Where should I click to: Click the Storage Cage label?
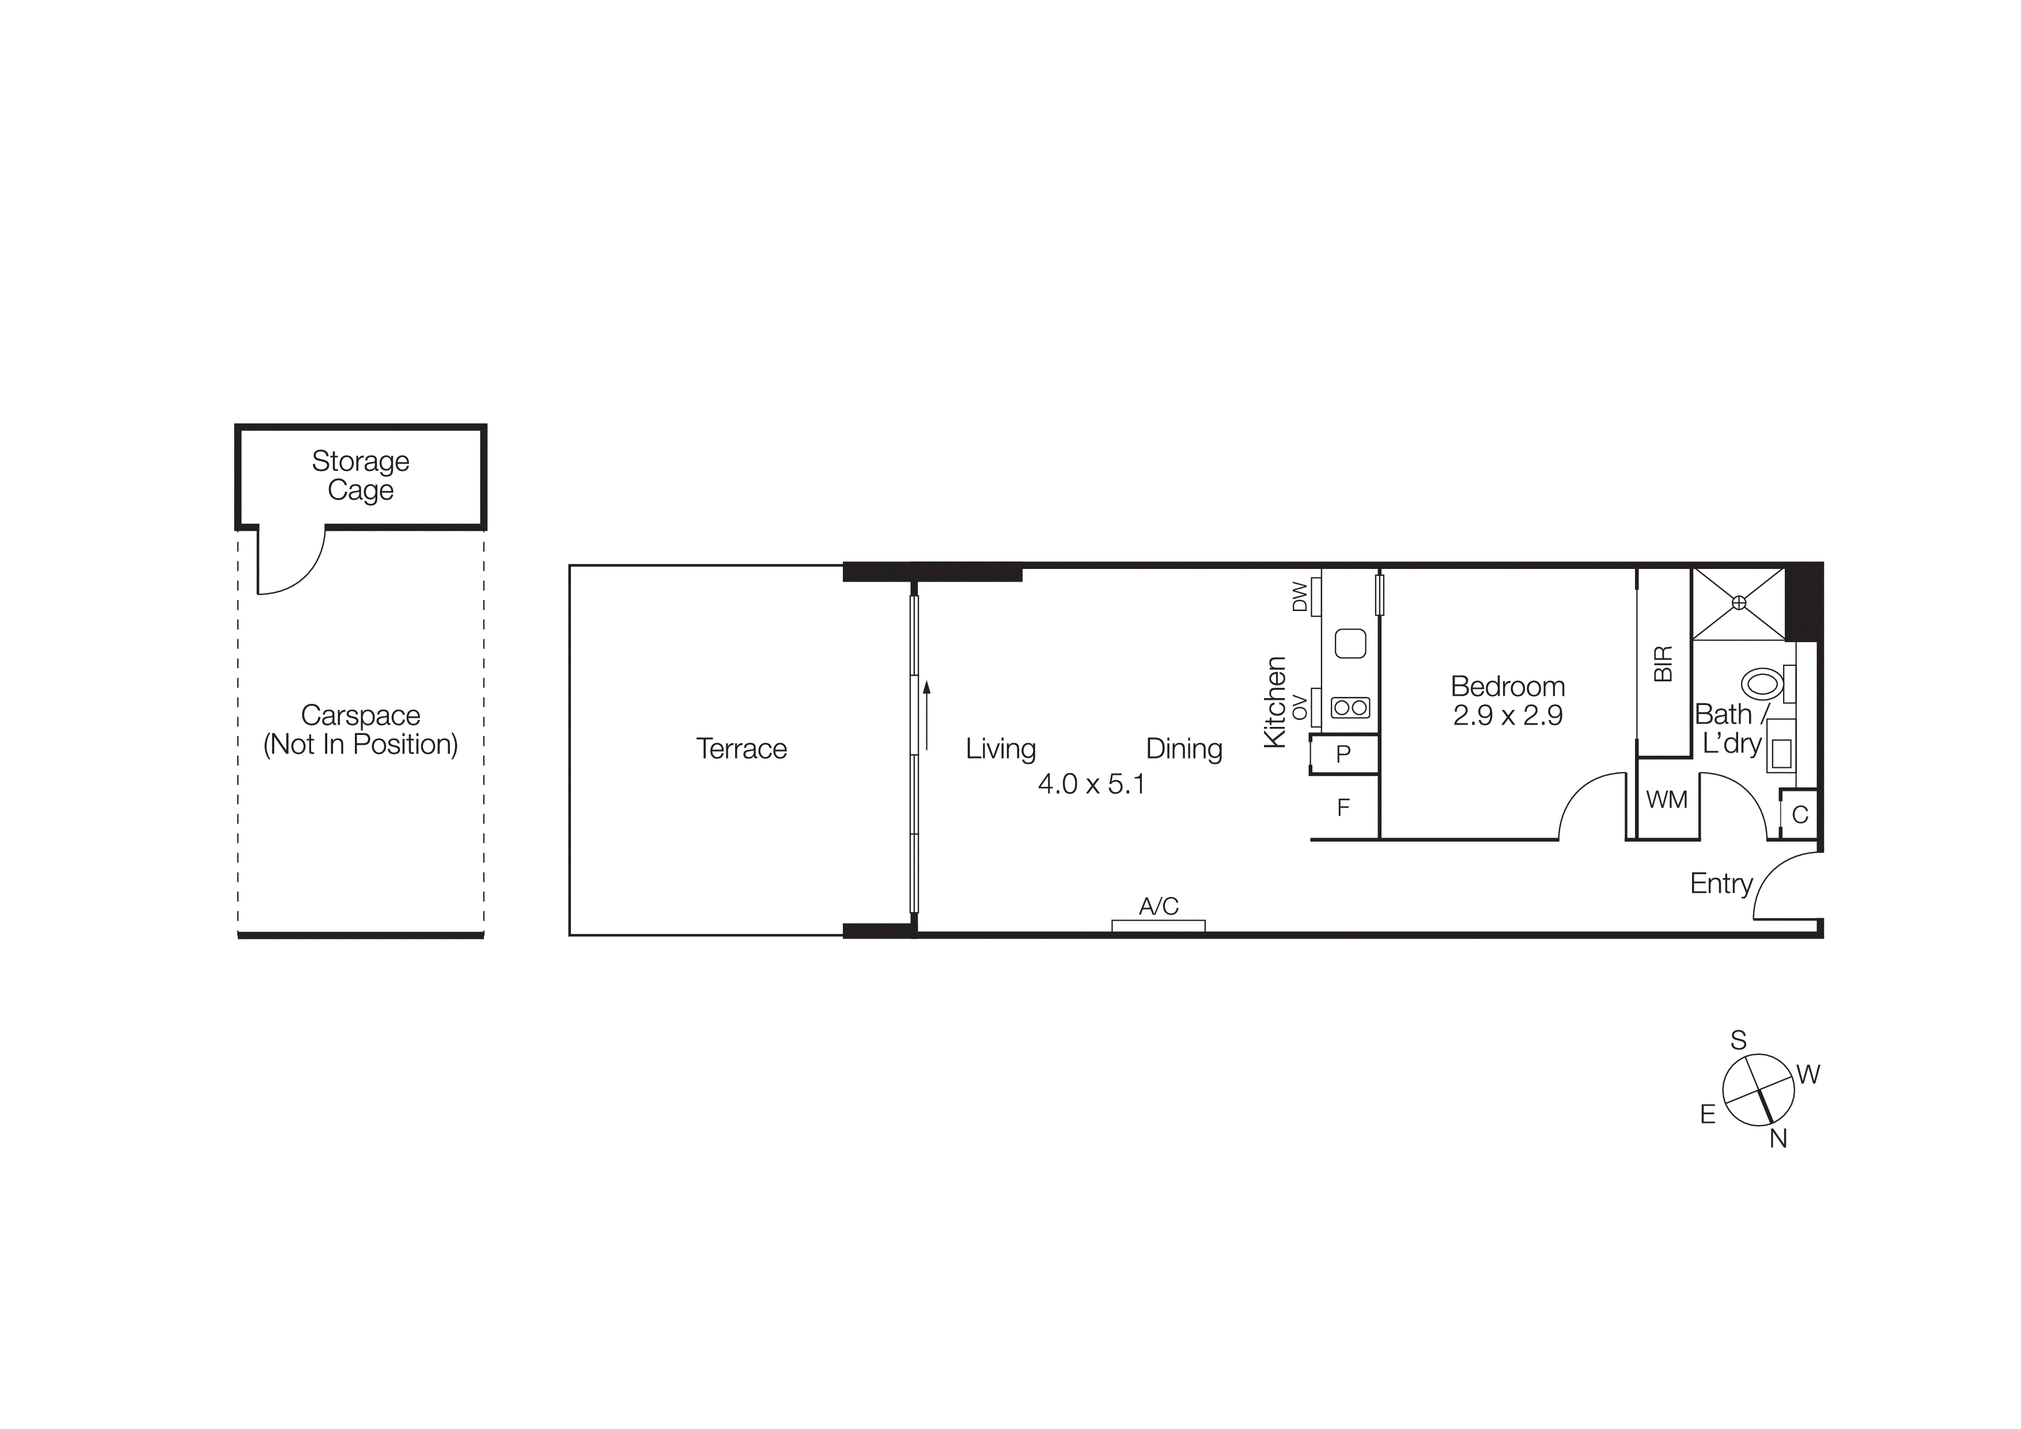(360, 476)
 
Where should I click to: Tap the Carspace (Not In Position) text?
(360, 730)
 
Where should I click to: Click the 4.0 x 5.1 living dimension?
(1092, 783)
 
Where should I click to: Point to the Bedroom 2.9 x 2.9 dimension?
(1508, 715)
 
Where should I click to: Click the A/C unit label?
(1159, 906)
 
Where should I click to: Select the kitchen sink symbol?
(1350, 644)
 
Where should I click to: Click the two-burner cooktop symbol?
(1350, 707)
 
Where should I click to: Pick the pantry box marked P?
(1343, 755)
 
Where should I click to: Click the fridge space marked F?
(1343, 808)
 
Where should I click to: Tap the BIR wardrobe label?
(1663, 664)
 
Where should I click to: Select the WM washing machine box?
(1666, 800)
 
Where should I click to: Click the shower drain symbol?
(1739, 602)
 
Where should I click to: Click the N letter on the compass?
(1778, 1138)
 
